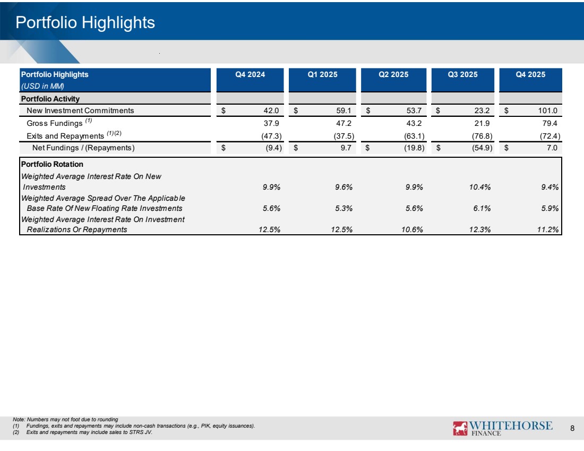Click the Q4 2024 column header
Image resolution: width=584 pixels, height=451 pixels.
point(250,74)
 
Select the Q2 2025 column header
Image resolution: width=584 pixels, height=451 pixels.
point(393,74)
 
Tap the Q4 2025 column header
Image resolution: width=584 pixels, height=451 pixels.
point(530,74)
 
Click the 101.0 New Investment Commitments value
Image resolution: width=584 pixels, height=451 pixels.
point(547,110)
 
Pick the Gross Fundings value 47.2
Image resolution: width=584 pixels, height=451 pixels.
point(343,123)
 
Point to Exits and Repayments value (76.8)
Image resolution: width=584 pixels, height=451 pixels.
point(482,136)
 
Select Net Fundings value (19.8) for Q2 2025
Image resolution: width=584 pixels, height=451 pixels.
point(414,148)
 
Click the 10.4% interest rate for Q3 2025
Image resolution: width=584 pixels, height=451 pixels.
point(480,187)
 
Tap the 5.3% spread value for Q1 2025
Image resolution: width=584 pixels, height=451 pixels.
point(343,208)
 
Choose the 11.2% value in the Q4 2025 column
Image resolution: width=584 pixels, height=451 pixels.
point(547,229)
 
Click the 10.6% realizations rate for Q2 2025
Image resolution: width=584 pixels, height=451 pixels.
point(412,229)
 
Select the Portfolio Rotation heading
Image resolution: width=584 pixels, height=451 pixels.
point(52,164)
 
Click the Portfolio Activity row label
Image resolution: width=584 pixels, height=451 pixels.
point(50,99)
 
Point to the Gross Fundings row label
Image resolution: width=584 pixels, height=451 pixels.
point(54,123)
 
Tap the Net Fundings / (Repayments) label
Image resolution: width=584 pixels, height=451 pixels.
point(83,148)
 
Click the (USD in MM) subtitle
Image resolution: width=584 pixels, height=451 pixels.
point(42,86)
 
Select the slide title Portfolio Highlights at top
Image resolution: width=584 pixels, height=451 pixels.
point(85,22)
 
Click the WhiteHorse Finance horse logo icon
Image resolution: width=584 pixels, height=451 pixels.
point(460,428)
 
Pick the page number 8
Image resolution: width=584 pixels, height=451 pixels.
point(572,428)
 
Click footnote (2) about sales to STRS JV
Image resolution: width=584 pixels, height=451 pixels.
point(82,432)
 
